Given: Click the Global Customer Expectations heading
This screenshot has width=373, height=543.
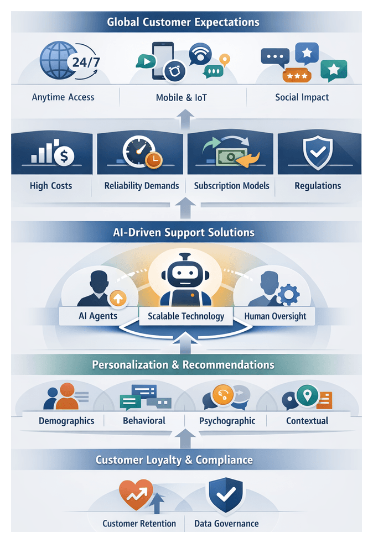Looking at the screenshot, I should click(x=183, y=23).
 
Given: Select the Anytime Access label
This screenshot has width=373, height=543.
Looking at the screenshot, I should click(x=63, y=97).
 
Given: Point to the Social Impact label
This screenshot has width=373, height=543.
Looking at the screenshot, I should click(x=302, y=97).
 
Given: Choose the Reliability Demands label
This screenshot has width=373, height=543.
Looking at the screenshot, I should click(x=142, y=186).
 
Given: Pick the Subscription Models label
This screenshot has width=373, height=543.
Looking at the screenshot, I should click(x=231, y=186).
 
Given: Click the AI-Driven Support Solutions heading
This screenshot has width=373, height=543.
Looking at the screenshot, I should click(x=183, y=232).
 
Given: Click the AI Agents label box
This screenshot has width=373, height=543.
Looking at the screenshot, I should click(x=99, y=316).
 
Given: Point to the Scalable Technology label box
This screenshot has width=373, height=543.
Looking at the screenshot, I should click(x=185, y=316).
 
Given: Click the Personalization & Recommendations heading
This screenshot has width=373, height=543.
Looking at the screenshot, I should click(x=183, y=365).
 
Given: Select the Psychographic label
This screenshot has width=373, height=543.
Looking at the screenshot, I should click(x=227, y=421).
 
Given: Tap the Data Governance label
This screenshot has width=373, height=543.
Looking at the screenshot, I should click(x=226, y=524).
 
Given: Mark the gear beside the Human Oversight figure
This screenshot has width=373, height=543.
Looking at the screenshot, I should click(x=287, y=295).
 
